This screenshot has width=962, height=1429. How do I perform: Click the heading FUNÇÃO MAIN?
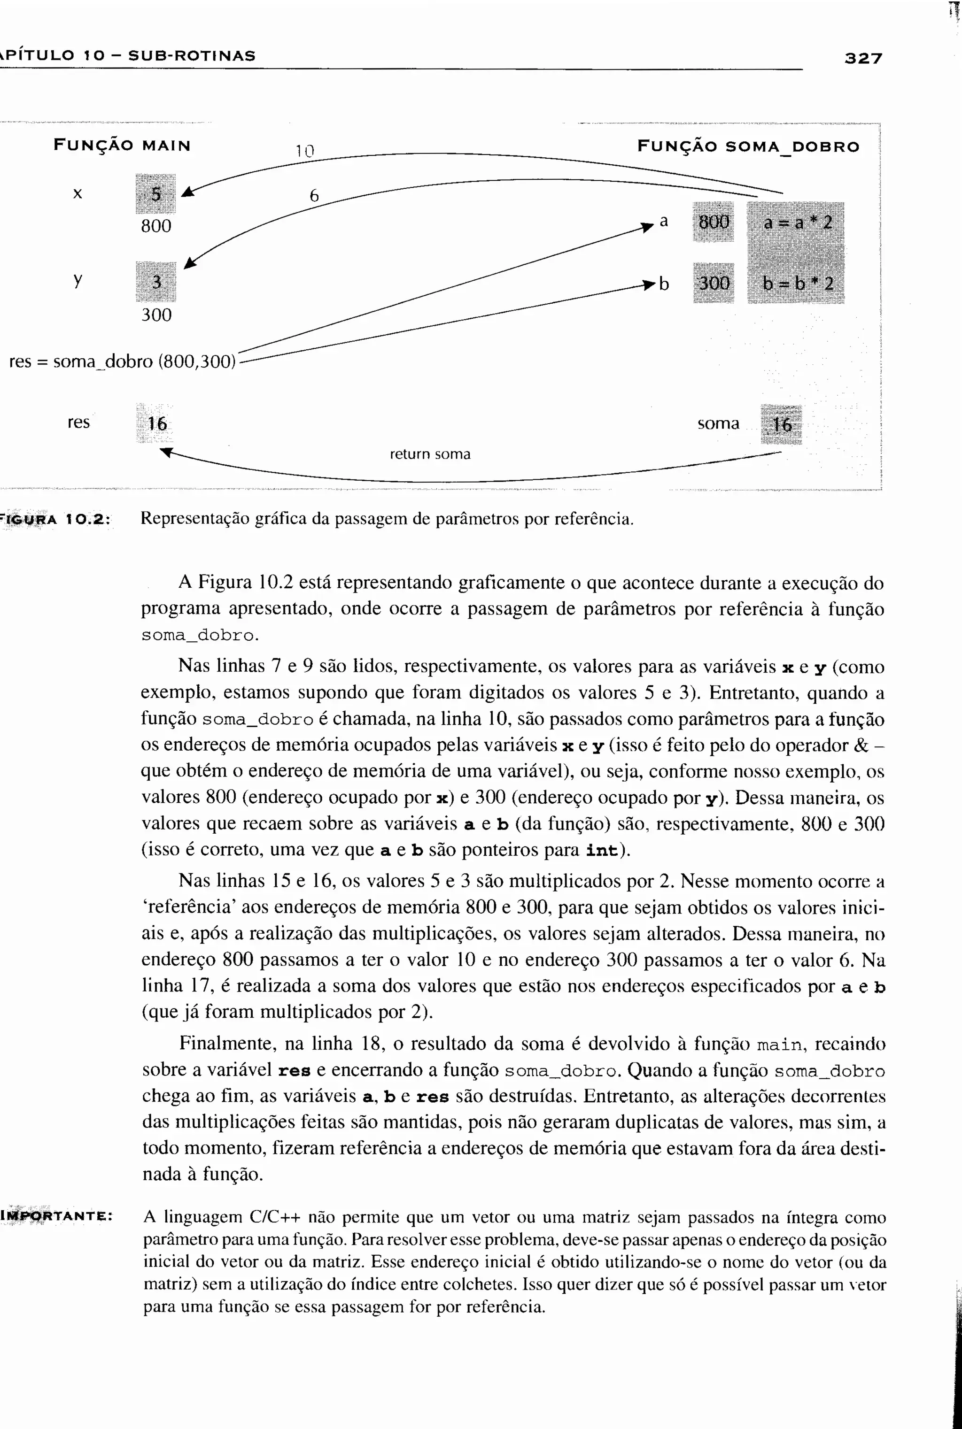(x=122, y=145)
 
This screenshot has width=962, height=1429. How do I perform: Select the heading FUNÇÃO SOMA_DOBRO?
(x=748, y=146)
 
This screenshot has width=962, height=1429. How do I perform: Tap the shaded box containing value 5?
(x=156, y=194)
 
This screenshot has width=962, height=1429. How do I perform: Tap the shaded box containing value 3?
(x=156, y=282)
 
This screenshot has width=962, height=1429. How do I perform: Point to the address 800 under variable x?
(x=156, y=226)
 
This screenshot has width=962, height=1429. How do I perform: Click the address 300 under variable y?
(x=156, y=315)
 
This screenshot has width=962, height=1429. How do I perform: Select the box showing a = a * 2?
(x=796, y=222)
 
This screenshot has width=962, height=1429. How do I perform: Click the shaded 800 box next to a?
(x=714, y=221)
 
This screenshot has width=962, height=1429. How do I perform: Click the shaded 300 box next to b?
(x=714, y=283)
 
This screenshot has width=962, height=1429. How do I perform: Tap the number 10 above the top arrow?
(x=304, y=151)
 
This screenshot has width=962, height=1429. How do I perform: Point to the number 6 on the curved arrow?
(x=314, y=196)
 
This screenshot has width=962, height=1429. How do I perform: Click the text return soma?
(x=430, y=454)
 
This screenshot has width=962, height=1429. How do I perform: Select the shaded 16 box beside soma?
(x=781, y=424)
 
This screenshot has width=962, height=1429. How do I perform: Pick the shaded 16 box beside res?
(x=156, y=423)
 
